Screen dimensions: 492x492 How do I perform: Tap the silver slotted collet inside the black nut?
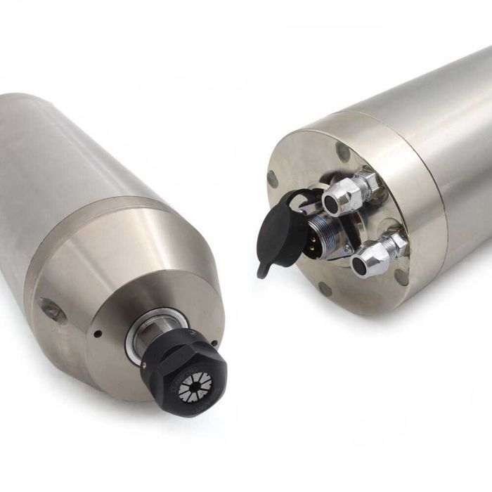tap(195, 387)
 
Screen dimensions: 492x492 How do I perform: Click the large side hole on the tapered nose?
tap(53, 310)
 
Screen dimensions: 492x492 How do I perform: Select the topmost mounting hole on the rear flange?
tap(343, 151)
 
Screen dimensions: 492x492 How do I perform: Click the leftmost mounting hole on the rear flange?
tap(273, 179)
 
